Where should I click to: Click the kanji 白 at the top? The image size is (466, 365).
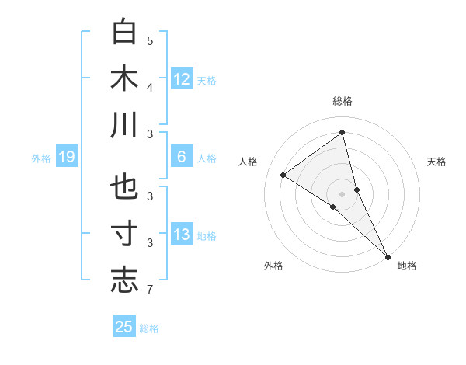click(124, 33)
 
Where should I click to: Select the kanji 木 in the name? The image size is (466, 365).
click(124, 78)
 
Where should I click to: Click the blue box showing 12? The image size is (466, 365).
click(182, 78)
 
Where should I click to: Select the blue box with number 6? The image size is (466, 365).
click(182, 157)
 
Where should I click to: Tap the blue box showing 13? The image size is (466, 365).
click(182, 235)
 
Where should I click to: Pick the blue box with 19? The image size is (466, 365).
click(66, 157)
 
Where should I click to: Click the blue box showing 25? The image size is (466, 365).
click(124, 327)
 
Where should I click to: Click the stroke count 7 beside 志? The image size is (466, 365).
click(150, 290)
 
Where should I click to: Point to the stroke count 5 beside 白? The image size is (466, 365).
click(150, 40)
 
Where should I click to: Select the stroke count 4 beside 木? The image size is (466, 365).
click(150, 87)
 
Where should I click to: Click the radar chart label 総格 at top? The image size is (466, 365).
click(343, 102)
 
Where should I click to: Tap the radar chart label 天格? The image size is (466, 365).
click(437, 162)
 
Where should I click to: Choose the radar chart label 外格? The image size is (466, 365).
click(273, 266)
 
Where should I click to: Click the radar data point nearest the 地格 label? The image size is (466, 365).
click(388, 255)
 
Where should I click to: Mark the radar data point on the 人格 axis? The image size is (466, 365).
click(283, 175)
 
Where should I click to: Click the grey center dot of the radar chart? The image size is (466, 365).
click(343, 193)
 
